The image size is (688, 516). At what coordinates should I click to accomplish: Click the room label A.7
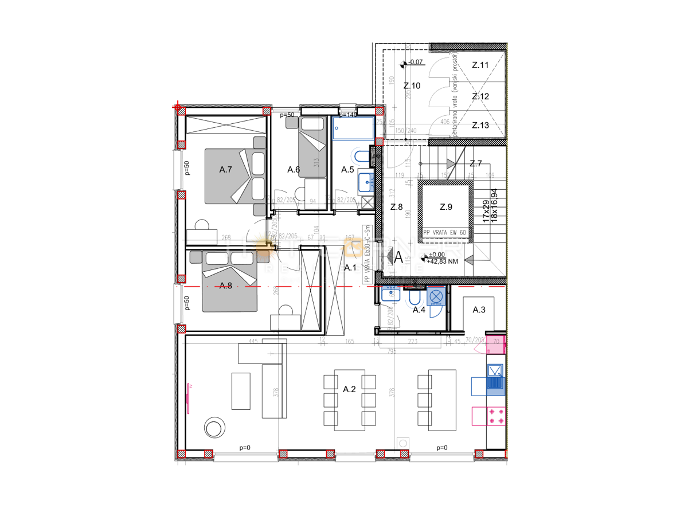(x=225, y=170)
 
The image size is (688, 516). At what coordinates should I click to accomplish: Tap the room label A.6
(x=294, y=170)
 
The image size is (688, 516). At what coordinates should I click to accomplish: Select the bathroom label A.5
(x=347, y=170)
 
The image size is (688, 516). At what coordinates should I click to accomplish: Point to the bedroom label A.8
(x=225, y=286)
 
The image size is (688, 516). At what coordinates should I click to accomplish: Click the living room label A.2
(x=349, y=389)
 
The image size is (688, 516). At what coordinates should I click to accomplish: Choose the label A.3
(x=479, y=310)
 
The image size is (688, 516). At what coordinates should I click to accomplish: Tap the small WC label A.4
(x=419, y=310)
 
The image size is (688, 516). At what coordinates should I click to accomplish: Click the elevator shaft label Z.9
(x=445, y=207)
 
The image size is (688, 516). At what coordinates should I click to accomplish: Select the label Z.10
(x=412, y=86)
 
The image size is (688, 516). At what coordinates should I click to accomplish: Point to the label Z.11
(x=480, y=65)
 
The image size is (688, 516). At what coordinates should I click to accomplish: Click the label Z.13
(x=480, y=125)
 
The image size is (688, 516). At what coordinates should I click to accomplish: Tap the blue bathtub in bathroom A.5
(x=353, y=128)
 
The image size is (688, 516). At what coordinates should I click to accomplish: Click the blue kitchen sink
(x=495, y=378)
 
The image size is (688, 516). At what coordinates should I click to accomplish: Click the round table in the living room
(x=216, y=428)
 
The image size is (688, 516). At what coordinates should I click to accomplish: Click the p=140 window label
(x=347, y=115)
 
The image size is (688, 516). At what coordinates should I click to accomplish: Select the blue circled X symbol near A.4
(x=436, y=296)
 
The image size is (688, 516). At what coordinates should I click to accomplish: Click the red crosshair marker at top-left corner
(x=177, y=107)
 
